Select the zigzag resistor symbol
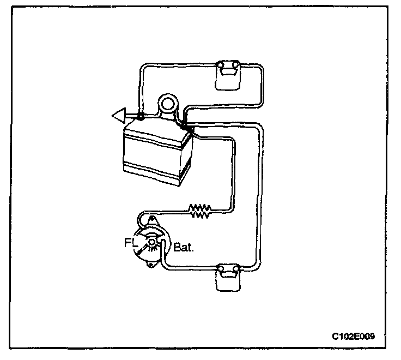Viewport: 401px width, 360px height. click(200, 211)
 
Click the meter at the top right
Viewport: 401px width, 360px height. click(228, 74)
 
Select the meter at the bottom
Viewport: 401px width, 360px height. click(228, 277)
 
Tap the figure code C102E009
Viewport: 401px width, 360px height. click(353, 335)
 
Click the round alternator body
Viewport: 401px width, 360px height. click(152, 244)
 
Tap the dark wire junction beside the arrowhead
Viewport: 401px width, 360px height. click(141, 116)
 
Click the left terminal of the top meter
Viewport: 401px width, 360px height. click(221, 67)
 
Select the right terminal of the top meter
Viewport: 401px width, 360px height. click(235, 67)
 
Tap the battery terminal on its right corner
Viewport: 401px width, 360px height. click(187, 128)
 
